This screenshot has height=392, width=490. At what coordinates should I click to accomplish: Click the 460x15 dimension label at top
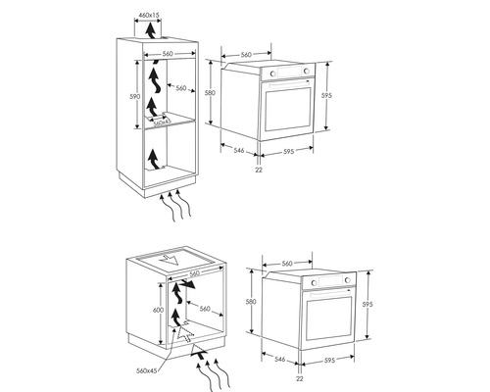(x=149, y=15)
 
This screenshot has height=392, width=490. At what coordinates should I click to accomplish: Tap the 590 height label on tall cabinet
(x=135, y=97)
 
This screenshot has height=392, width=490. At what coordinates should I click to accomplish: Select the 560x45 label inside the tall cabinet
(x=163, y=122)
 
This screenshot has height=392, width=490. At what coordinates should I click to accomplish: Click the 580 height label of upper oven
(x=210, y=93)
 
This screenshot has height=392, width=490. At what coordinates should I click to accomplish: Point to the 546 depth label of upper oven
(x=239, y=150)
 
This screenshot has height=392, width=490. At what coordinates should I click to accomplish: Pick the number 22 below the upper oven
(x=259, y=170)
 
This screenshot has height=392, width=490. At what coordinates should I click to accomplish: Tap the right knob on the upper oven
(x=307, y=71)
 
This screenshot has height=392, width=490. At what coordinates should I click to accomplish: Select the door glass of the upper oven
(x=288, y=109)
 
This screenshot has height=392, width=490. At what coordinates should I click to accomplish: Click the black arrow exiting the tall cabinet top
(x=150, y=30)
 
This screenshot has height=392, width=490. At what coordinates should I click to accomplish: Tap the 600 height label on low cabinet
(x=158, y=310)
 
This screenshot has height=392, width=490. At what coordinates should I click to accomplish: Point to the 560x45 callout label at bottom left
(x=147, y=370)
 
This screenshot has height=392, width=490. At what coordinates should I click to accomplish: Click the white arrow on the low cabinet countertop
(x=168, y=260)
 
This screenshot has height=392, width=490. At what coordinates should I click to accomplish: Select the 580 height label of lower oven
(x=251, y=302)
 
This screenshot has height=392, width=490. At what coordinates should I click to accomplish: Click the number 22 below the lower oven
(x=300, y=378)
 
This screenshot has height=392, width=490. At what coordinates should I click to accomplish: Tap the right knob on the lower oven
(x=348, y=280)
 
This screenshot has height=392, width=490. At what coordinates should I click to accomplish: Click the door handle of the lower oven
(x=330, y=294)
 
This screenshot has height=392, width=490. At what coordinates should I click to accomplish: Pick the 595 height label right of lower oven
(x=367, y=304)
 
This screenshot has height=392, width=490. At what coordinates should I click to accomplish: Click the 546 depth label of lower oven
(x=280, y=360)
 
